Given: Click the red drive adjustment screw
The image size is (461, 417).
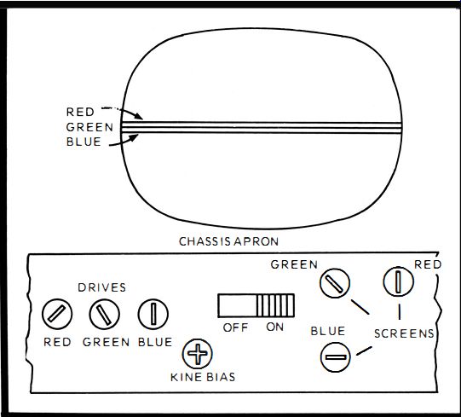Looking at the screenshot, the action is tap(57, 314).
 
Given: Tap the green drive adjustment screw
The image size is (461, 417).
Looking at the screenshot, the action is tap(104, 314).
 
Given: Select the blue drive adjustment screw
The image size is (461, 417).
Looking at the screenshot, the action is tap(153, 314).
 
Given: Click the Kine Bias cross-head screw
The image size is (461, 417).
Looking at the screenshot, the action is tap(198, 354).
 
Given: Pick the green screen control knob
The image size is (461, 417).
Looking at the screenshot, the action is tap(335, 283).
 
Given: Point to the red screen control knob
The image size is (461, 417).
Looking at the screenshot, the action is tap(399, 281).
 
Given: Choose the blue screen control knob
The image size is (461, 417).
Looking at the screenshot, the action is tap(335, 357).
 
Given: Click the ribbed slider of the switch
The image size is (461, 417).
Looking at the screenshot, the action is tap(275, 305).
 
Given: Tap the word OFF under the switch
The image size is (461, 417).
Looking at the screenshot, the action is tap(235, 327).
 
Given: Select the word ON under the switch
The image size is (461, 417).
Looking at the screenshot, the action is tap(275, 327).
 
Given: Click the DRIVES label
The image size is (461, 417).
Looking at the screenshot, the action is tap(102, 287).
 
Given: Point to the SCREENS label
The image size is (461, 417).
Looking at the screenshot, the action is tap(404, 333).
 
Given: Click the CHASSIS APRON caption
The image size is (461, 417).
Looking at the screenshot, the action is tap(228, 241).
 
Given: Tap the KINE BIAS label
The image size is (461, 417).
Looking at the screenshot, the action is tap(203, 377).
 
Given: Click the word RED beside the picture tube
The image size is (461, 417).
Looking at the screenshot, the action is tap(80, 112).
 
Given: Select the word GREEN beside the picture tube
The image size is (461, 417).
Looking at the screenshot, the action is tap(89, 127).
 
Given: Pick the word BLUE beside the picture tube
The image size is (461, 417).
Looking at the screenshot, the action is tap(84, 142).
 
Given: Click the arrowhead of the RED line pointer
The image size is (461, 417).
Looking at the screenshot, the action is tap(139, 117).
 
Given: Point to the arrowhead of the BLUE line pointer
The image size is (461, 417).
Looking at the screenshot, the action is tap(135, 137).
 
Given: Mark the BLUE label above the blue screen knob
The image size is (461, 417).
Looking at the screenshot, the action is tap(328, 332).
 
